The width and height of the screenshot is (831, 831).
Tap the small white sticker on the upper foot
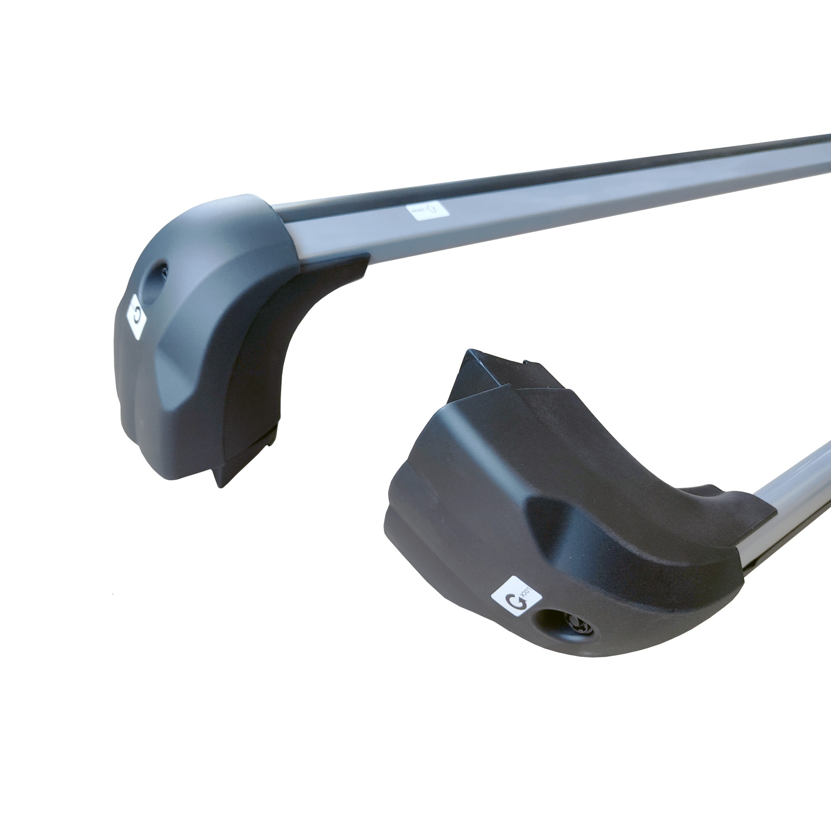tap(136, 317)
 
